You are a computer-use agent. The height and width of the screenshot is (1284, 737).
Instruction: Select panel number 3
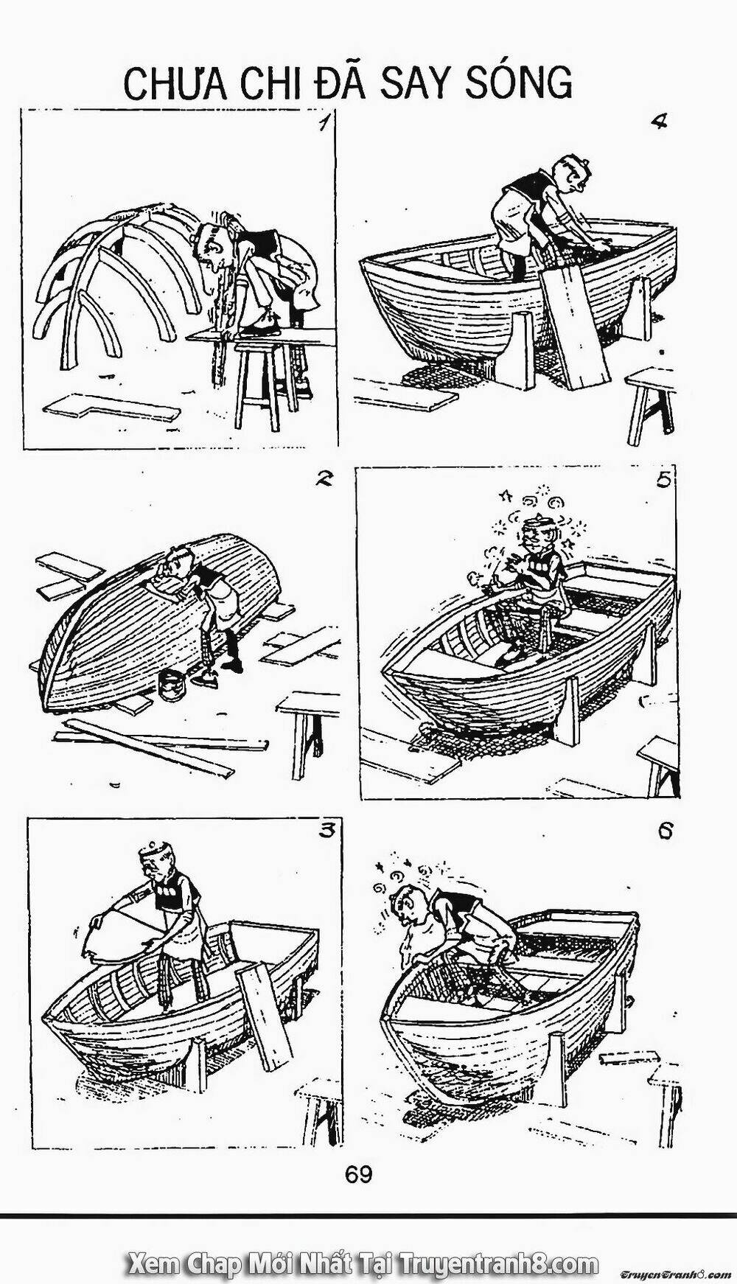point(325,831)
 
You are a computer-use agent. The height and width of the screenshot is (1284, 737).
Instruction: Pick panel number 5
point(663,481)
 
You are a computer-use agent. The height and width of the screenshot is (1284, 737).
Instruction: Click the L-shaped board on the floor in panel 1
point(112,408)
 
